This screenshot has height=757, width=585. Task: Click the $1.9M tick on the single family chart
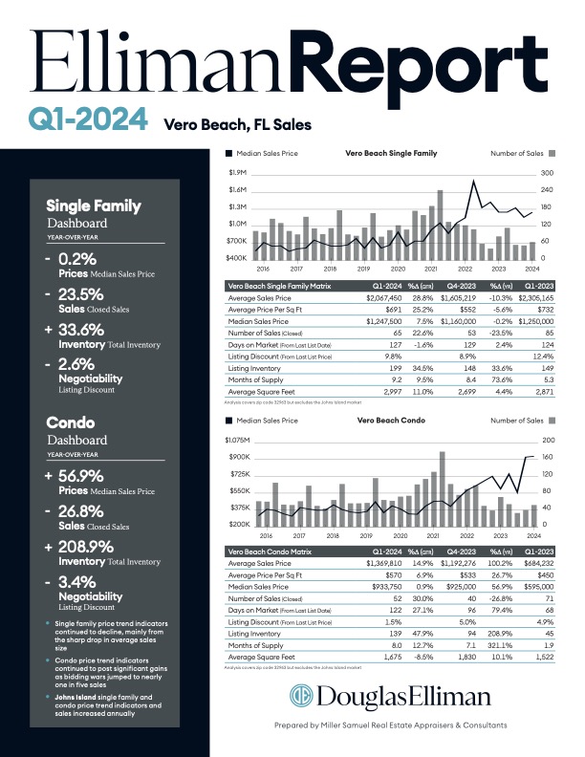tap(239, 172)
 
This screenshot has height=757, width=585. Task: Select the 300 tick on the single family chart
tap(548, 173)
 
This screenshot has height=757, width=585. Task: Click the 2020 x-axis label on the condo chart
tap(400, 536)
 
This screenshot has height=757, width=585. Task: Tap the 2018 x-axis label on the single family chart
tap(330, 269)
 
